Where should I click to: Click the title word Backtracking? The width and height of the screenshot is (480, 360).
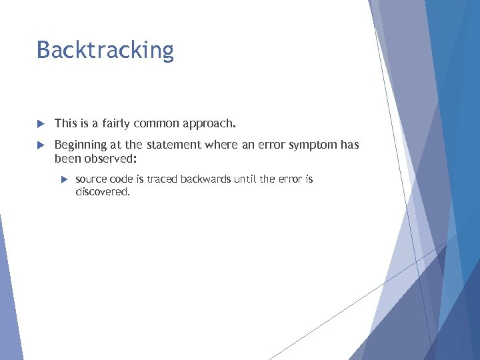(105, 51)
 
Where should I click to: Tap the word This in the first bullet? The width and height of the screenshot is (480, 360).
(65, 123)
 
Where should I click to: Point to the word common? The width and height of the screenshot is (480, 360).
(156, 123)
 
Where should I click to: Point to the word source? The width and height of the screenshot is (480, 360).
(91, 179)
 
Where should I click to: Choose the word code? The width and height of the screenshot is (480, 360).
(121, 179)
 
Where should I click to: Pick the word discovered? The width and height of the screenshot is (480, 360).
(103, 191)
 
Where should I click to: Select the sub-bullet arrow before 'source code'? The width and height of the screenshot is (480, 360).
(64, 180)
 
